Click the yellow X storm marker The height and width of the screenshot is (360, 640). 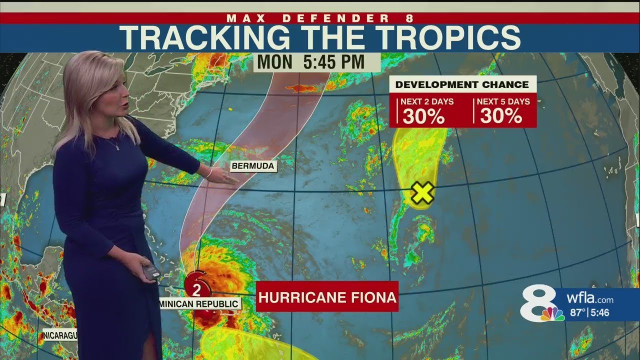coord(422,193)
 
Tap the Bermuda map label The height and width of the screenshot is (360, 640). coord(253,166)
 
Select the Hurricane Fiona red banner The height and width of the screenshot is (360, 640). coord(327,297)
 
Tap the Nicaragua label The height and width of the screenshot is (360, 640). coord(59,334)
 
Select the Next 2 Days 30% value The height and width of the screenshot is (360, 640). coord(423,116)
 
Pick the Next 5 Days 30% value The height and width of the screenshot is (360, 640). coord(501,116)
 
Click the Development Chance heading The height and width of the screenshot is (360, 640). coord(462,84)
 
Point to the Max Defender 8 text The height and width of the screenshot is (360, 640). coord(320,18)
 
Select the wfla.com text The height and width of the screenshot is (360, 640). coord(590,299)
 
